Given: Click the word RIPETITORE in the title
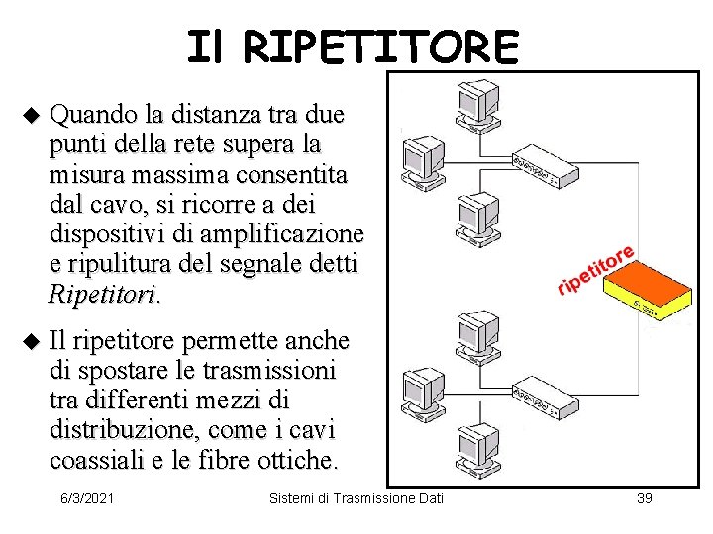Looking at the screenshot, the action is (x=380, y=46).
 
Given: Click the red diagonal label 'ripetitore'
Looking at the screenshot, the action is (x=595, y=265).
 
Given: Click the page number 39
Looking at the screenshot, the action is (x=644, y=496).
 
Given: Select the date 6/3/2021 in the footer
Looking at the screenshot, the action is (x=86, y=496).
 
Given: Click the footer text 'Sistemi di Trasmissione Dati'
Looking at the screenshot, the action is (x=357, y=496).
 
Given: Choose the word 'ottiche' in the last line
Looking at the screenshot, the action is (x=300, y=461).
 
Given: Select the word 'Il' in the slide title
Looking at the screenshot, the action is (x=208, y=46).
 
